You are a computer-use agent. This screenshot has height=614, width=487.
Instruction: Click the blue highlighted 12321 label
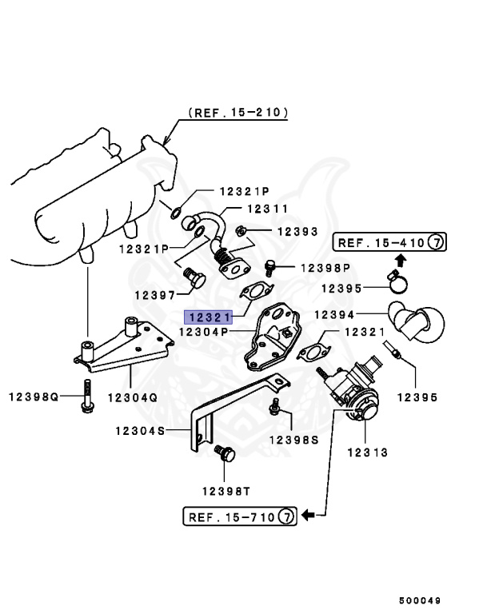click(x=209, y=316)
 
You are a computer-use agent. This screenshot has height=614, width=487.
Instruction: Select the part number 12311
click(x=267, y=209)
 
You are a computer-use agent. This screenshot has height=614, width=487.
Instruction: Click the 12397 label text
click(x=155, y=295)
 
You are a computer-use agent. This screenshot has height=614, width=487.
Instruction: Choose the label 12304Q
click(x=133, y=397)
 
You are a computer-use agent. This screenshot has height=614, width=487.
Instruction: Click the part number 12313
click(x=367, y=453)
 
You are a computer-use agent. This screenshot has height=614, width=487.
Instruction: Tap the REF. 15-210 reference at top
click(x=238, y=113)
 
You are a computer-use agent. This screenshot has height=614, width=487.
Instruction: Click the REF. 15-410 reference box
click(x=388, y=241)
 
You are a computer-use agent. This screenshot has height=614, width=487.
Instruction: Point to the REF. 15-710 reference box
click(x=240, y=516)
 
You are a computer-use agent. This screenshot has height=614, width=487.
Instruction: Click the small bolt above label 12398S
click(x=276, y=407)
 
